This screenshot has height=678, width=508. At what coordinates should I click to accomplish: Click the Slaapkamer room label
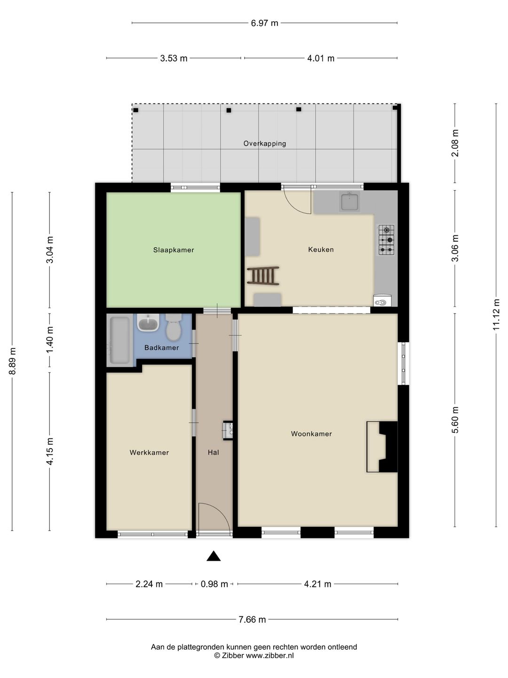tap(174, 250)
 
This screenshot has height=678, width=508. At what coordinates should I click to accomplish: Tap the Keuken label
tap(321, 249)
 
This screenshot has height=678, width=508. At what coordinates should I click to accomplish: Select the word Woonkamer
tap(311, 434)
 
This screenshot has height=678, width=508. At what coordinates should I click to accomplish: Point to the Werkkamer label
tap(149, 452)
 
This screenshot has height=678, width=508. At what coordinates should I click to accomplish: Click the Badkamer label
tap(162, 348)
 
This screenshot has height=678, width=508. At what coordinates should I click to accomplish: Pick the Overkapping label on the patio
tap(265, 143)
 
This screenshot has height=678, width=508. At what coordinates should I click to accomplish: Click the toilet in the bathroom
tap(174, 327)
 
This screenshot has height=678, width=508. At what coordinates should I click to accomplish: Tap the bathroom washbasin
tap(148, 323)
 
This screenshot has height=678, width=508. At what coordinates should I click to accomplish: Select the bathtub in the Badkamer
tap(119, 340)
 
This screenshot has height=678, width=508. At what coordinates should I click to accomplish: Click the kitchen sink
tap(349, 202)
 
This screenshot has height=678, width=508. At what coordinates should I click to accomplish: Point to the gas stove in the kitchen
tap(387, 240)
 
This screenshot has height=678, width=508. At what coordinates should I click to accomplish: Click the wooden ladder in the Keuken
tap(263, 275)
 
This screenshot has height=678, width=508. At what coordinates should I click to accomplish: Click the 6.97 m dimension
tap(264, 23)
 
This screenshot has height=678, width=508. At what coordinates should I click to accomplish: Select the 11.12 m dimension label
tap(496, 315)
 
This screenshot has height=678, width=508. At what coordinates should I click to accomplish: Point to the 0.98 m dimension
tap(214, 584)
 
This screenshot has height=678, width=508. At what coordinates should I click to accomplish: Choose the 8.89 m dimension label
tap(12, 361)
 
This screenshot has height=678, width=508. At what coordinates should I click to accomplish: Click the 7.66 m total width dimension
tap(252, 619)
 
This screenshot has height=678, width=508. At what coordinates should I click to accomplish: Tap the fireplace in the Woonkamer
tap(382, 447)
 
